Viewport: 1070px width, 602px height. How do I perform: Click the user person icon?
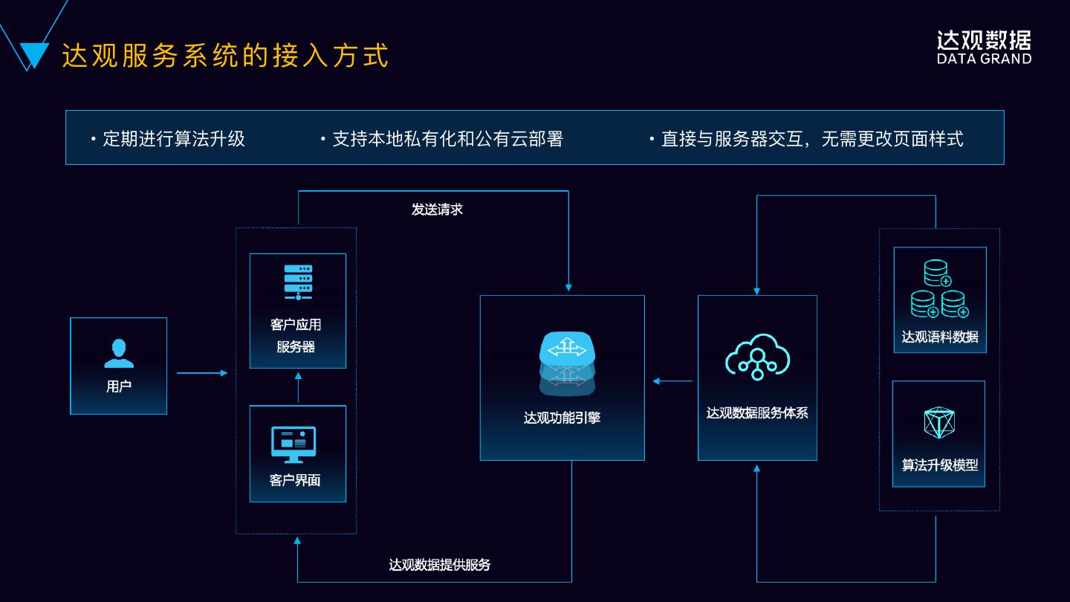click(x=119, y=354)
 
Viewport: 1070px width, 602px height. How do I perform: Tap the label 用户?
click(x=119, y=386)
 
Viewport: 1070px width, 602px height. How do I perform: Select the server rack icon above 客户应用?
click(x=298, y=282)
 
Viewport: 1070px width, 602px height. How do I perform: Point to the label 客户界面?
click(x=295, y=480)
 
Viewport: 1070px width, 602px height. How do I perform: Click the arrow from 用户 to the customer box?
click(x=202, y=372)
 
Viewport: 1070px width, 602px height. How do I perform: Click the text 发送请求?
click(x=437, y=210)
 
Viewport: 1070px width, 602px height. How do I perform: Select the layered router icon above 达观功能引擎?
click(x=568, y=362)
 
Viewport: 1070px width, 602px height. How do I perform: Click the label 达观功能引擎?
click(x=562, y=418)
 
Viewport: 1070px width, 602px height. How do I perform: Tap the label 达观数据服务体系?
click(x=757, y=412)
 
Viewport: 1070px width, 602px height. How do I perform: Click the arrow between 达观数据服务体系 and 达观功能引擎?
click(x=672, y=381)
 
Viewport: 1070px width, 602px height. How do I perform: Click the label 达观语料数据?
click(x=940, y=337)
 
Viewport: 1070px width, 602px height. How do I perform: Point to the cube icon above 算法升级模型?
click(x=939, y=422)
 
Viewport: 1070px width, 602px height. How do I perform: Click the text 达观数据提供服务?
click(x=440, y=565)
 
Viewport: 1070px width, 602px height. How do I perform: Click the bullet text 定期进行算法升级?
click(x=173, y=139)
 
